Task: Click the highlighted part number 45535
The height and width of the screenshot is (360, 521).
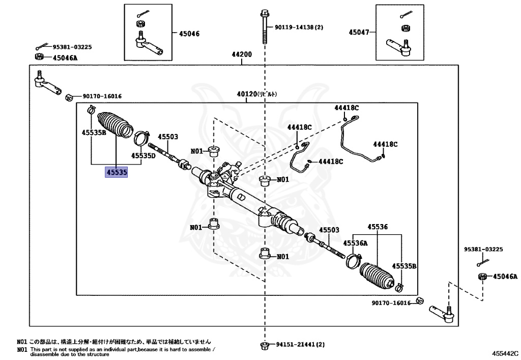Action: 116,173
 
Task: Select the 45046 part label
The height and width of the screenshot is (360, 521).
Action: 189,34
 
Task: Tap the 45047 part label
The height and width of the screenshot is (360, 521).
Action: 359,32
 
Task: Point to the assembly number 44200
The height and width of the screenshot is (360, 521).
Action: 242,54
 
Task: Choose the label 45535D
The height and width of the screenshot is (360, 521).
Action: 143,155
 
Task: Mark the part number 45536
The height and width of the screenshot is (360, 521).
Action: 378,228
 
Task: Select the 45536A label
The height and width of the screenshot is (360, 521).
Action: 355,243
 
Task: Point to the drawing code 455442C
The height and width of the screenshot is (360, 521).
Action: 505,352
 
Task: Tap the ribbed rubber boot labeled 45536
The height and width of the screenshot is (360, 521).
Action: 377,275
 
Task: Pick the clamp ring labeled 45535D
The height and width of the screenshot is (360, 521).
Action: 141,138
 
